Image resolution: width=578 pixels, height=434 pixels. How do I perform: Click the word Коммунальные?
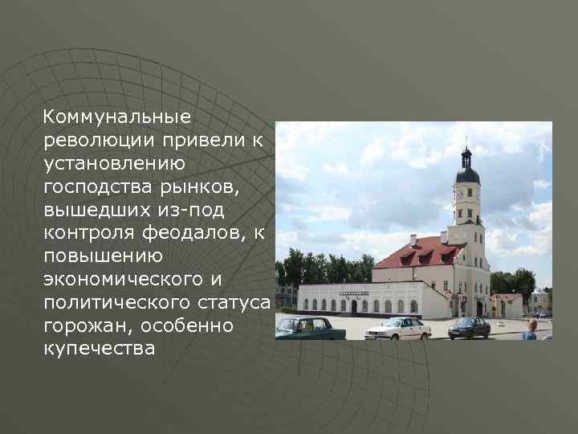(x=117, y=117)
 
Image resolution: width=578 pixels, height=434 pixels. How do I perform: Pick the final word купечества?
(x=100, y=350)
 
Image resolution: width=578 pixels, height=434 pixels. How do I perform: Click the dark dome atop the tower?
(x=467, y=173)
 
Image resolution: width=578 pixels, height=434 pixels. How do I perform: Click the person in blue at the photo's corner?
(x=530, y=330)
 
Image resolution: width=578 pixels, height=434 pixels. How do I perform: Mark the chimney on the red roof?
(x=413, y=240)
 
